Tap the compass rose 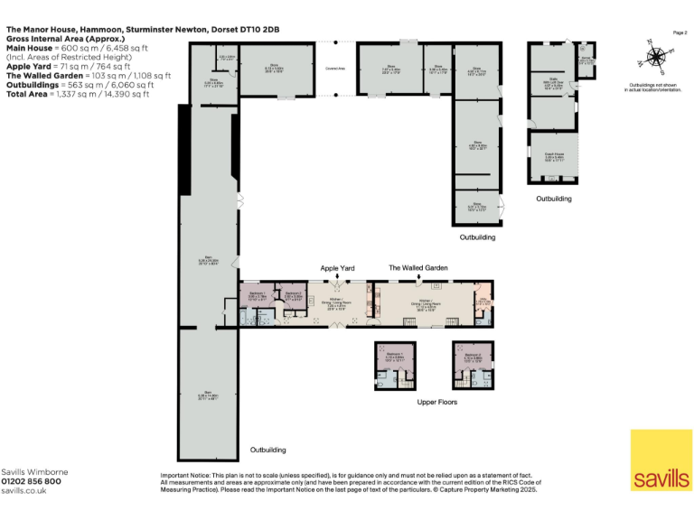tap(653, 55)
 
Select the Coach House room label tap(553, 155)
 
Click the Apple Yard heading tap(338, 268)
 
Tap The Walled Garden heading tap(417, 268)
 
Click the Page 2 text tap(680, 32)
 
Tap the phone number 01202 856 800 tap(32, 481)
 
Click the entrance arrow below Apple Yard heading tap(338, 279)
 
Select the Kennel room tap(586, 61)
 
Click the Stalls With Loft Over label tap(552, 86)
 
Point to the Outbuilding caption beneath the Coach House tap(553, 199)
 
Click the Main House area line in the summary tap(77, 49)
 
